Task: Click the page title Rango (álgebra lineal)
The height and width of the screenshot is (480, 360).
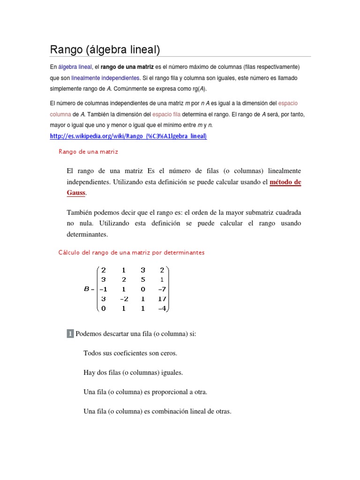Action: pos(105,49)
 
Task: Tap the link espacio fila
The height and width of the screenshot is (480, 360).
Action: pos(166,114)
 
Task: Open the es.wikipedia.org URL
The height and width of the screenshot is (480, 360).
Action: pos(128,136)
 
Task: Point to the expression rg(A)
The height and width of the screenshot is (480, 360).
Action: pos(198,89)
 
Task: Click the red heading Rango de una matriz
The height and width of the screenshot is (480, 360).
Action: pos(88,151)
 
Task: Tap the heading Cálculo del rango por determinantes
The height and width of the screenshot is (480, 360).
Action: pos(131,252)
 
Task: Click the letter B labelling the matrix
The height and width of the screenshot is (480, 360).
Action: pos(86,289)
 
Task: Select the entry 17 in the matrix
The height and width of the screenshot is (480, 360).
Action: pos(163,299)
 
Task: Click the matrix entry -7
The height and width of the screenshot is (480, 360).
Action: pos(162,289)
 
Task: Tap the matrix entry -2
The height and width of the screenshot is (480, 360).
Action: pos(123,299)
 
